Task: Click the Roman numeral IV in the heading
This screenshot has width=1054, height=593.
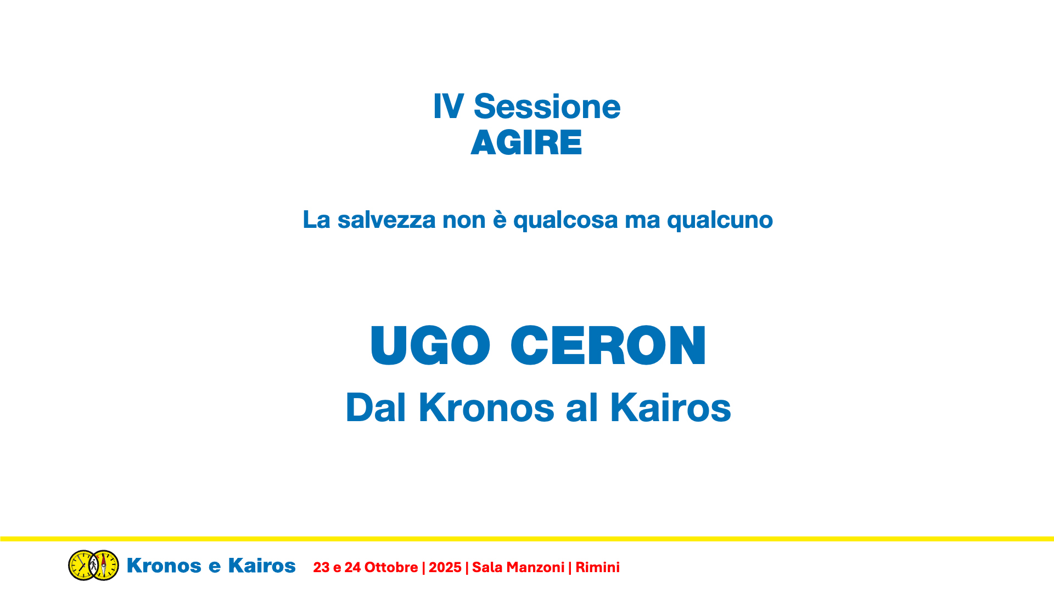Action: tap(448, 107)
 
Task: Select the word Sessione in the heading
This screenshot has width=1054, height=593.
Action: tap(547, 107)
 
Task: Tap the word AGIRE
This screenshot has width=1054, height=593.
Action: tap(526, 143)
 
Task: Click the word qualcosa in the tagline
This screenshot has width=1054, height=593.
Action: tap(565, 221)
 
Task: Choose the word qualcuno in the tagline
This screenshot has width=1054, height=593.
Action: tap(720, 221)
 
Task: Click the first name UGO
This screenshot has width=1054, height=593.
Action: tap(430, 345)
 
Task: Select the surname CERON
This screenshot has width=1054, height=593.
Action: tap(608, 345)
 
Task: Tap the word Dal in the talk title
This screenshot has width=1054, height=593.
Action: tap(375, 407)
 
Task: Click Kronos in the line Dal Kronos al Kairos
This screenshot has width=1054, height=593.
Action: tap(486, 407)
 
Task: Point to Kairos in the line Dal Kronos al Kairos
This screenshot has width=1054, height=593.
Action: tap(670, 407)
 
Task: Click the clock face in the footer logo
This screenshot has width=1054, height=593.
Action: tap(82, 565)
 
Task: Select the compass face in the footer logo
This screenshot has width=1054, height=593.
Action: tap(104, 565)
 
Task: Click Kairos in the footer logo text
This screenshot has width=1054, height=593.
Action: tap(262, 566)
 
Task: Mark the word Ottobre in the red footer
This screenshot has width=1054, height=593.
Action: tap(391, 567)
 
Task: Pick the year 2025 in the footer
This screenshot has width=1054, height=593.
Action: tap(445, 567)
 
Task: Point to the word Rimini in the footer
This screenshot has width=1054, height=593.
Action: tap(597, 567)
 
